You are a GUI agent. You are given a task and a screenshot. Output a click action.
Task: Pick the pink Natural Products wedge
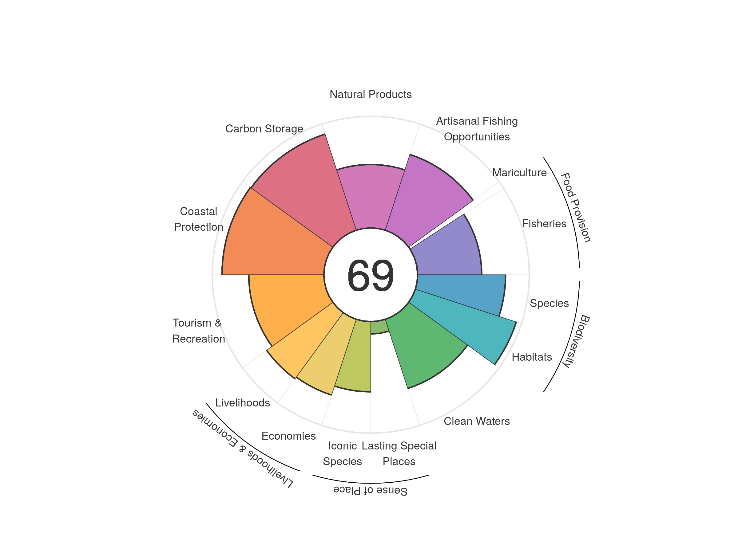click(370, 197)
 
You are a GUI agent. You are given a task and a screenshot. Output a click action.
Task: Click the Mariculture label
click(519, 173)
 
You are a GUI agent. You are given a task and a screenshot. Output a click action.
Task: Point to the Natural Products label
click(370, 94)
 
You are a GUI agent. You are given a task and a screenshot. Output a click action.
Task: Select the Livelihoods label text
click(243, 403)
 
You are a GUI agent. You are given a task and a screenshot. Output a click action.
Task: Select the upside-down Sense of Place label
click(370, 491)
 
